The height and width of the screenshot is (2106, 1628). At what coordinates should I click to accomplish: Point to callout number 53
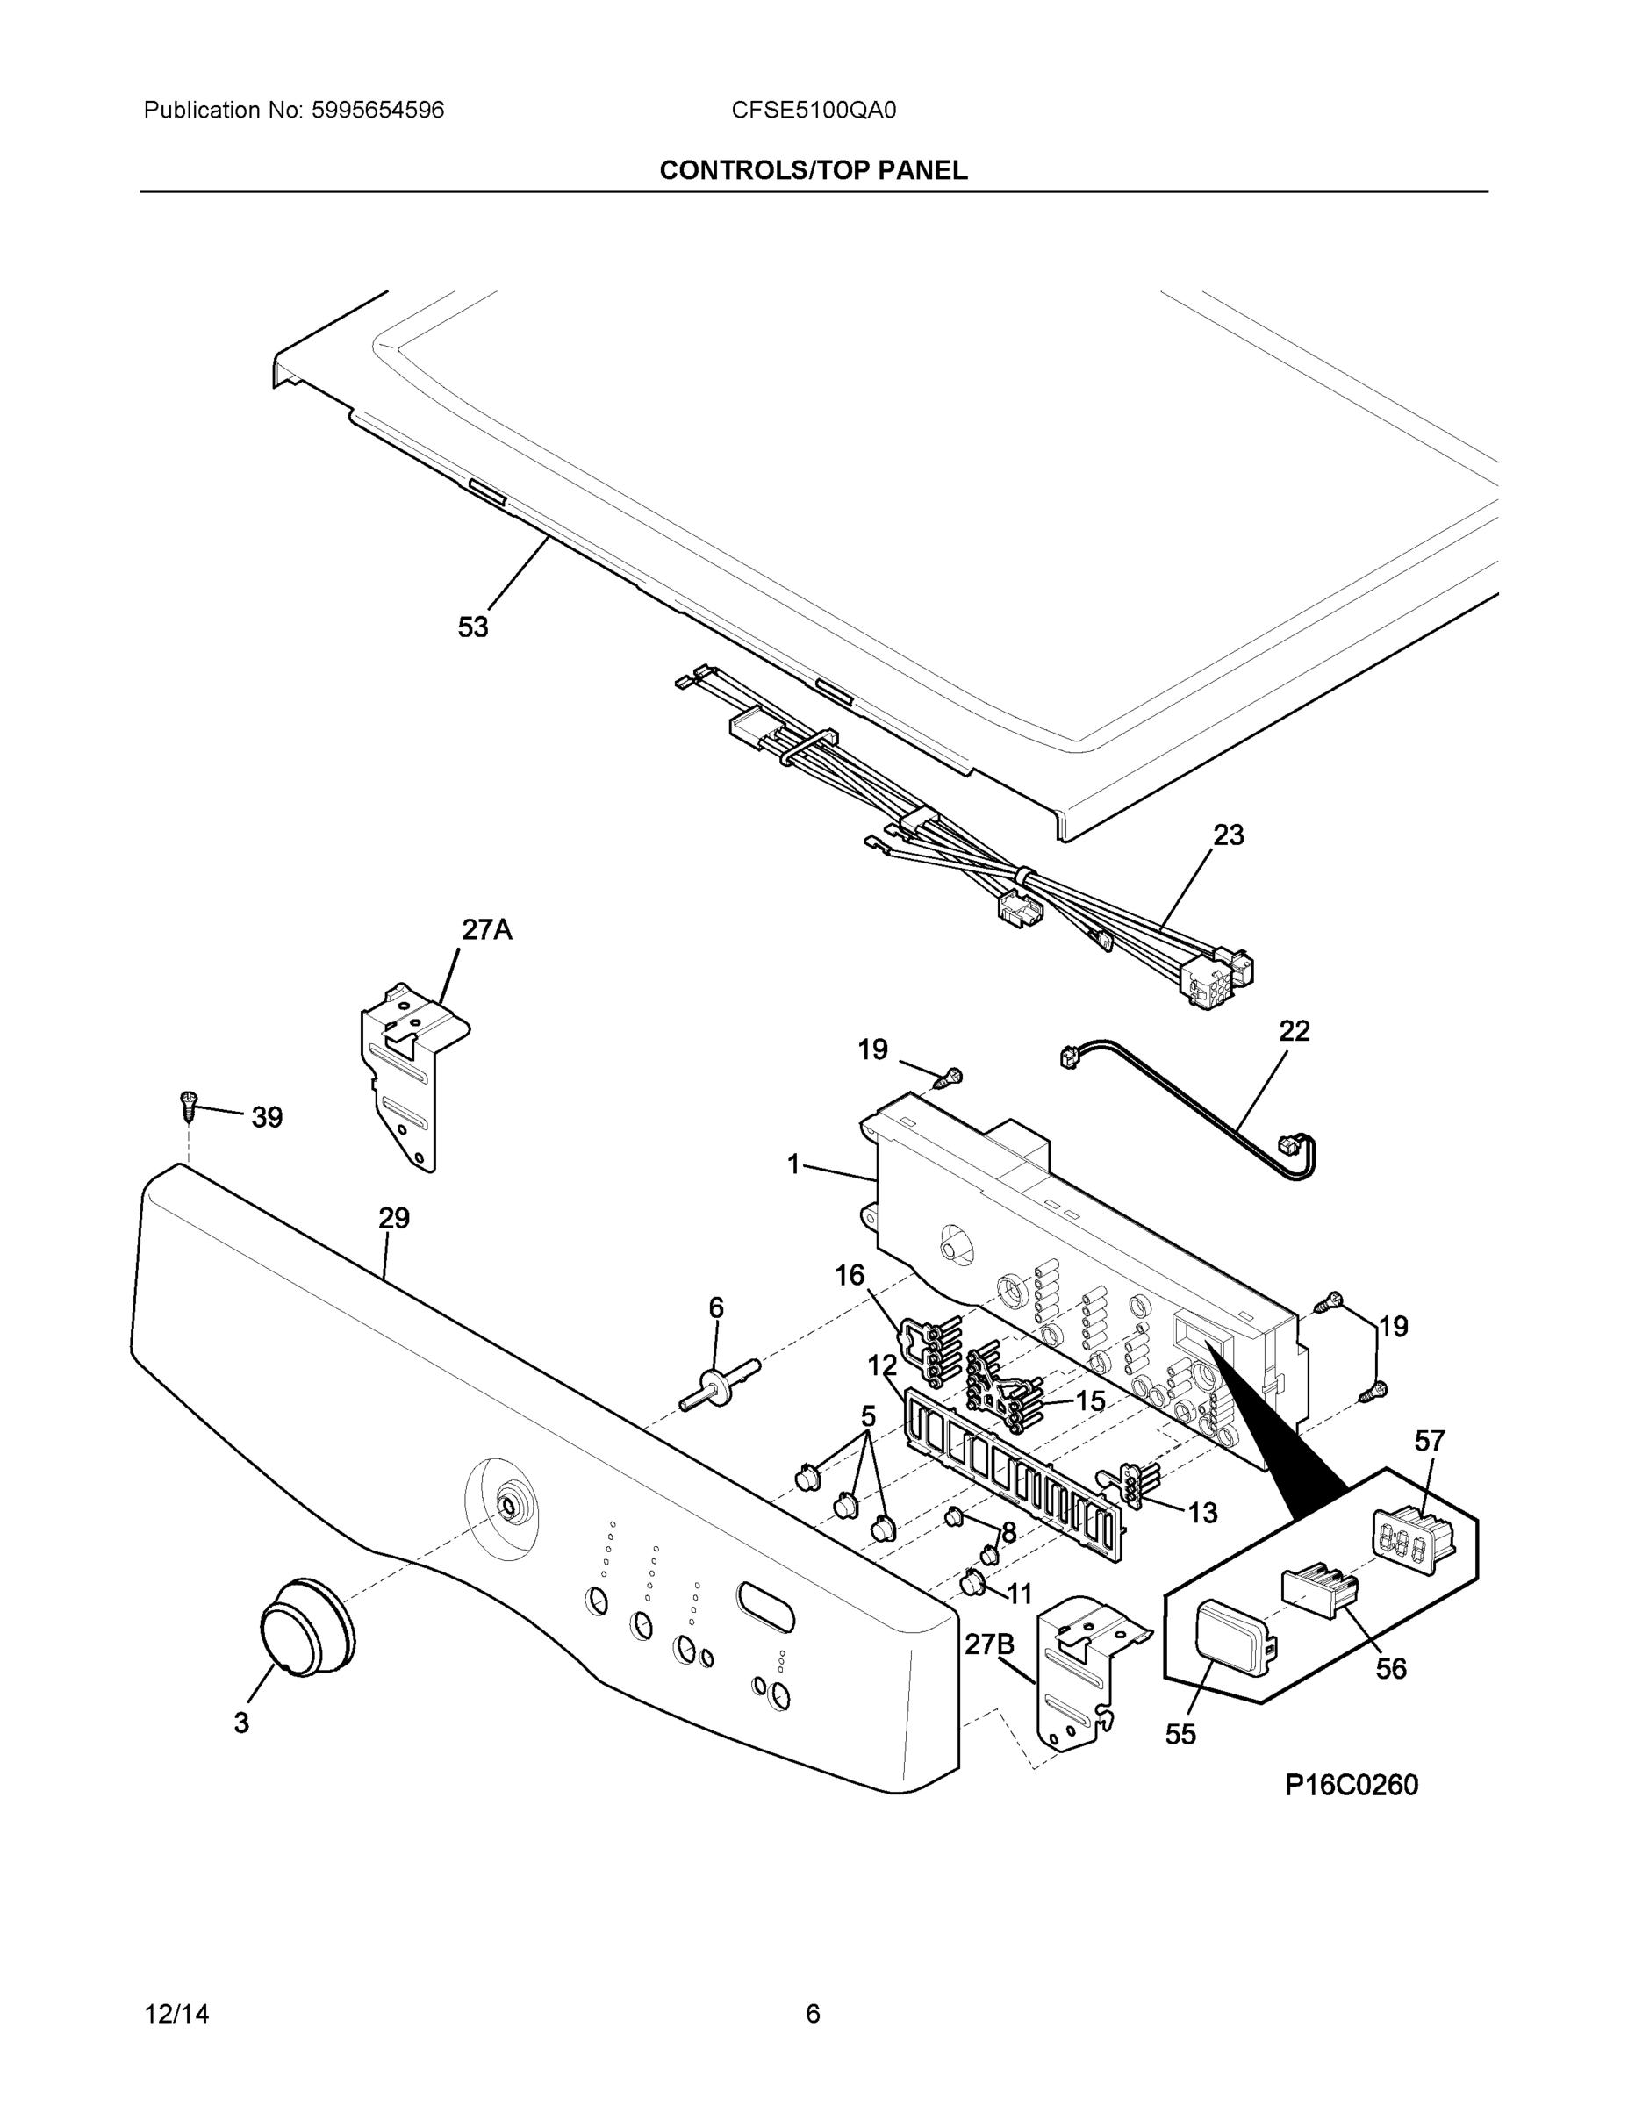click(x=472, y=627)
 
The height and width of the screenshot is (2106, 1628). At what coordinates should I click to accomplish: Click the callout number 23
click(x=1228, y=835)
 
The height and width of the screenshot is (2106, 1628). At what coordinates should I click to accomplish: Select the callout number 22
click(x=1294, y=1031)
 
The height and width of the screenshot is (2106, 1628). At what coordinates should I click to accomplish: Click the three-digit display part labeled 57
click(x=1412, y=1540)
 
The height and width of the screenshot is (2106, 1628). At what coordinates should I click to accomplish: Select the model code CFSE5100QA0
click(x=813, y=111)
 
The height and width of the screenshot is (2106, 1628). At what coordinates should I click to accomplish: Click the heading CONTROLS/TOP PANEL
click(x=813, y=171)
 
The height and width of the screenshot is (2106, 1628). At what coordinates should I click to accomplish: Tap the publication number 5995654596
click(x=377, y=111)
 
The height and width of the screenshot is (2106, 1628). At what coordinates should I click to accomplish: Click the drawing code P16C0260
click(x=1352, y=1785)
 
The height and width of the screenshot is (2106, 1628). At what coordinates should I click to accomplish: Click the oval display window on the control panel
click(x=764, y=1606)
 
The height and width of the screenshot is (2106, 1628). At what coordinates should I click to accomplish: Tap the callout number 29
click(x=393, y=1218)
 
